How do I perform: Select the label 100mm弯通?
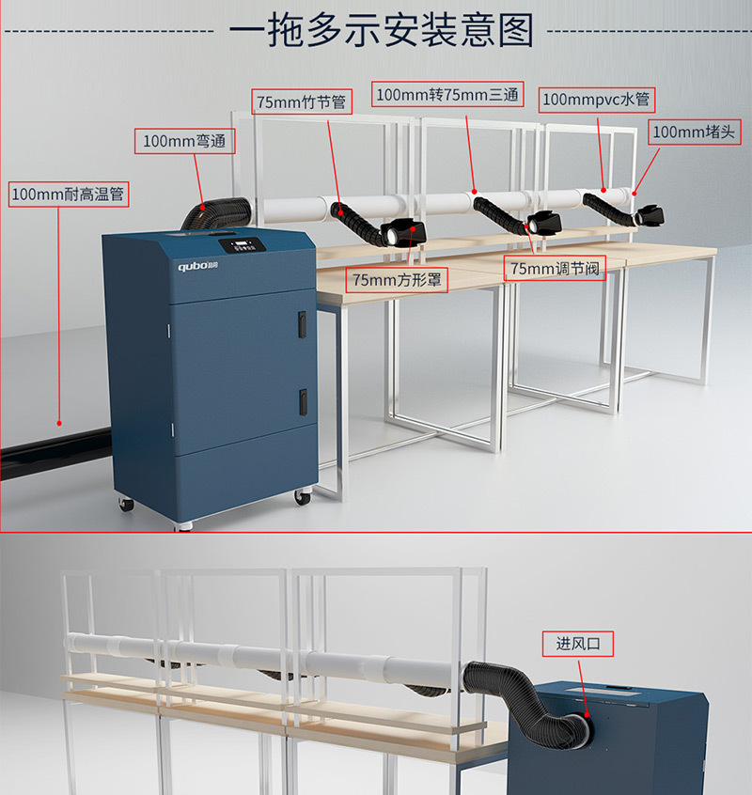183,141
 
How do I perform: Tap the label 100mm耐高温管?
68,195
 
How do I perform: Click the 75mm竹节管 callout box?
300,101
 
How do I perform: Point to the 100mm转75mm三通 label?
448,94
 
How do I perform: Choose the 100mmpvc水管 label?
596,99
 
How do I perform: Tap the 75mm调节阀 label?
554,269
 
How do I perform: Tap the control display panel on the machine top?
239,247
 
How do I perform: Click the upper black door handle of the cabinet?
303,324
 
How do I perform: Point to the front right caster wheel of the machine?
302,496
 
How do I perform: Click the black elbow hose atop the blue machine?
213,213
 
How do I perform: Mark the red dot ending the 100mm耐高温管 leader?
59,424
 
